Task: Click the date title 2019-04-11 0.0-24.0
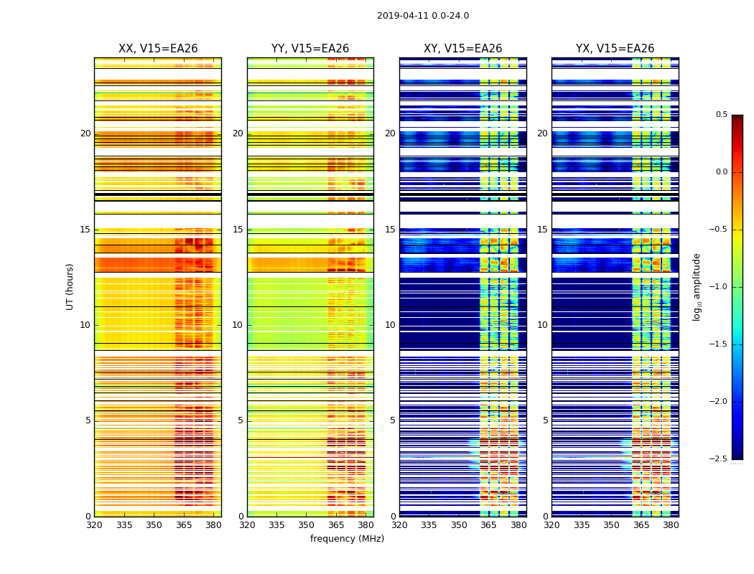pos(422,16)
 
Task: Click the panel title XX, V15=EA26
pos(158,49)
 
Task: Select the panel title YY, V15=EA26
pos(310,49)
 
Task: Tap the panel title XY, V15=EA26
pos(462,49)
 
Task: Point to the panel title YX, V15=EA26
pos(615,49)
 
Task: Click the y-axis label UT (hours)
pos(70,286)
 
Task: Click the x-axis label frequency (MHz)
pos(347,539)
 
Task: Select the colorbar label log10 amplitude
pos(697,286)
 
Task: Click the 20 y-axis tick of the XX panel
pos(85,133)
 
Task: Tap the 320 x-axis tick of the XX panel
pos(94,525)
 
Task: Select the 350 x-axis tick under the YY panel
pos(307,525)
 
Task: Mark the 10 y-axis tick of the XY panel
pos(390,325)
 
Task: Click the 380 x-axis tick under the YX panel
pos(671,525)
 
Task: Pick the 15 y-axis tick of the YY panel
pos(238,230)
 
